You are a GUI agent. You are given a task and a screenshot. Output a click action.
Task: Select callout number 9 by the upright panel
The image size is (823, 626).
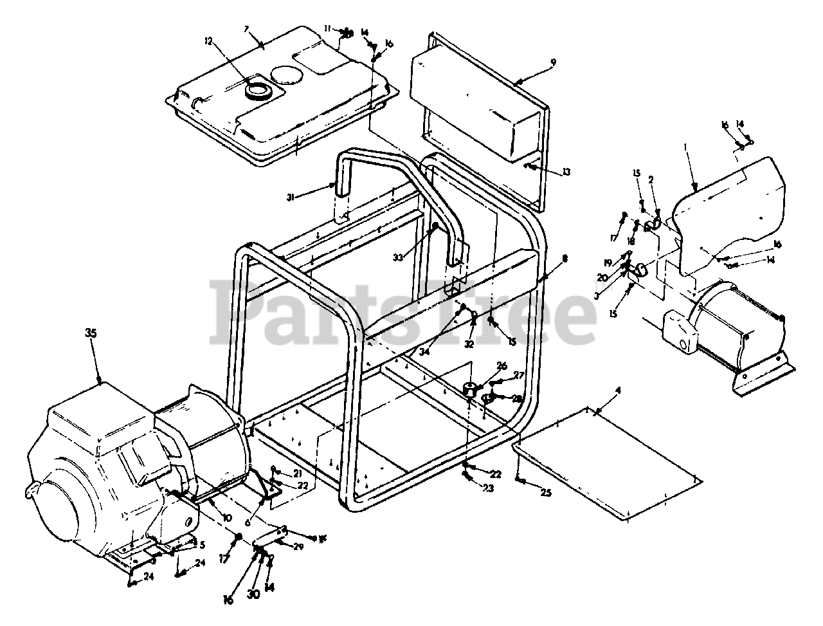553,62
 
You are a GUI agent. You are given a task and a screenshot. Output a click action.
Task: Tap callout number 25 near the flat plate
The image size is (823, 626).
546,493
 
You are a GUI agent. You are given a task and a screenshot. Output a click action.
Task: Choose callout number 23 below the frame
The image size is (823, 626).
488,488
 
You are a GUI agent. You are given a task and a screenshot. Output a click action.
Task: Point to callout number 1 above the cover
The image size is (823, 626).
687,147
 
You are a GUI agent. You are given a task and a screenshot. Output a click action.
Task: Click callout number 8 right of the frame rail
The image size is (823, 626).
565,258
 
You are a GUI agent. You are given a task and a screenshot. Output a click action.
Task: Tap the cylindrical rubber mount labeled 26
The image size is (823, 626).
471,389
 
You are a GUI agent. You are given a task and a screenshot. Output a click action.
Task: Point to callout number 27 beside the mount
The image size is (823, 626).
518,375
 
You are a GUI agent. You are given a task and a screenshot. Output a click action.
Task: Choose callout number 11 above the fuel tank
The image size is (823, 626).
328,28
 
